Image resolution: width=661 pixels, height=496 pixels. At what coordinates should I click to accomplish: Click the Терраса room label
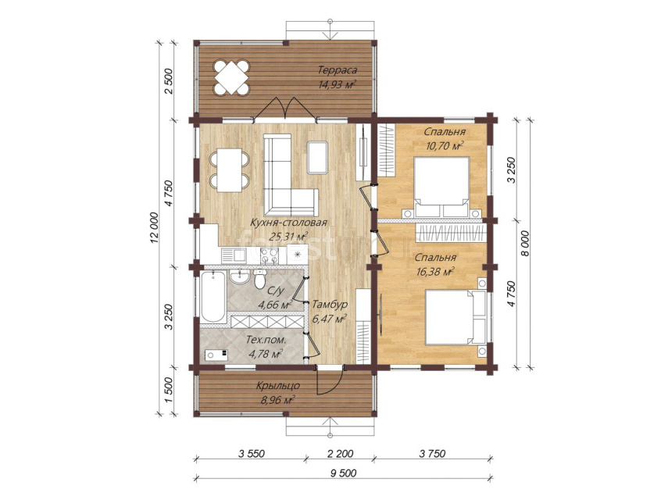(x=338, y=70)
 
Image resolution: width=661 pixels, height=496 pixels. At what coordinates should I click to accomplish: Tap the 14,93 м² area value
(x=338, y=84)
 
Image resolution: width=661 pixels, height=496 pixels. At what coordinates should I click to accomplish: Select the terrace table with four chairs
(x=231, y=77)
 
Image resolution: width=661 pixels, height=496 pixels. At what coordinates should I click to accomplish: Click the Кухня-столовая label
(x=288, y=223)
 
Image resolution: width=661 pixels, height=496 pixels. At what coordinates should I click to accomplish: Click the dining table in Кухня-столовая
(x=230, y=170)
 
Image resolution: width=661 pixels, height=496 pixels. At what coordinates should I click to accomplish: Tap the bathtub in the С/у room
(x=213, y=297)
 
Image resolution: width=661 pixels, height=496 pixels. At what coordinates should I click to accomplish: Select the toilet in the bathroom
(x=259, y=279)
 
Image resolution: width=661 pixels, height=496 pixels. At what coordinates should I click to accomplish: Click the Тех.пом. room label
(x=266, y=340)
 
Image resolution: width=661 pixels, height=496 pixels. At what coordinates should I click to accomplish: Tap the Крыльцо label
(x=278, y=386)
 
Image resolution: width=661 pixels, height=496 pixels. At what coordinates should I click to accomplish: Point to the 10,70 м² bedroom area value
(x=445, y=146)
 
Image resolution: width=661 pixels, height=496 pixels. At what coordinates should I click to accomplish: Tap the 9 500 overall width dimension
(x=344, y=473)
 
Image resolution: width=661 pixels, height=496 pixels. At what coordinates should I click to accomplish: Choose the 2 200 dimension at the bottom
(x=339, y=454)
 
